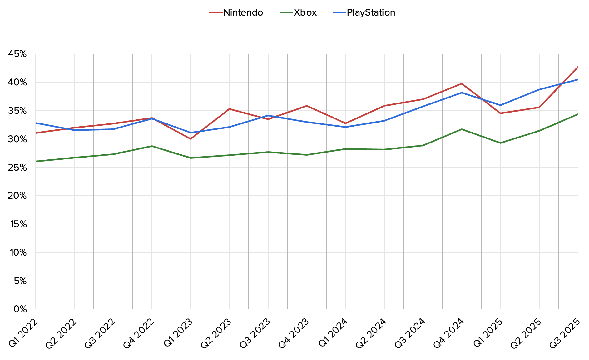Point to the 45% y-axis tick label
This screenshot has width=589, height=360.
[x=17, y=54]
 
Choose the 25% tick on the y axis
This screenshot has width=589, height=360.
[x=17, y=167]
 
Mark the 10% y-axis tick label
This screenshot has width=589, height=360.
[x=18, y=252]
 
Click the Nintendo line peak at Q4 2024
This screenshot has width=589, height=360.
[x=462, y=83]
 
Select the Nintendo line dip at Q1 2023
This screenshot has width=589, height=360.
[x=191, y=139]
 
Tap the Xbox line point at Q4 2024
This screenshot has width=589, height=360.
[x=462, y=129]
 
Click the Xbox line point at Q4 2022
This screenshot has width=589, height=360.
[x=152, y=146]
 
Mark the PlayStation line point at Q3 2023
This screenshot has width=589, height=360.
[x=268, y=115]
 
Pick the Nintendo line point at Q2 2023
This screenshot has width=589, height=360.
[x=229, y=109]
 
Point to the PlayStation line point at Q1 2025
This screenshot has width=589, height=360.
[x=500, y=105]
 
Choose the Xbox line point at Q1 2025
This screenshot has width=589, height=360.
[x=500, y=143]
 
